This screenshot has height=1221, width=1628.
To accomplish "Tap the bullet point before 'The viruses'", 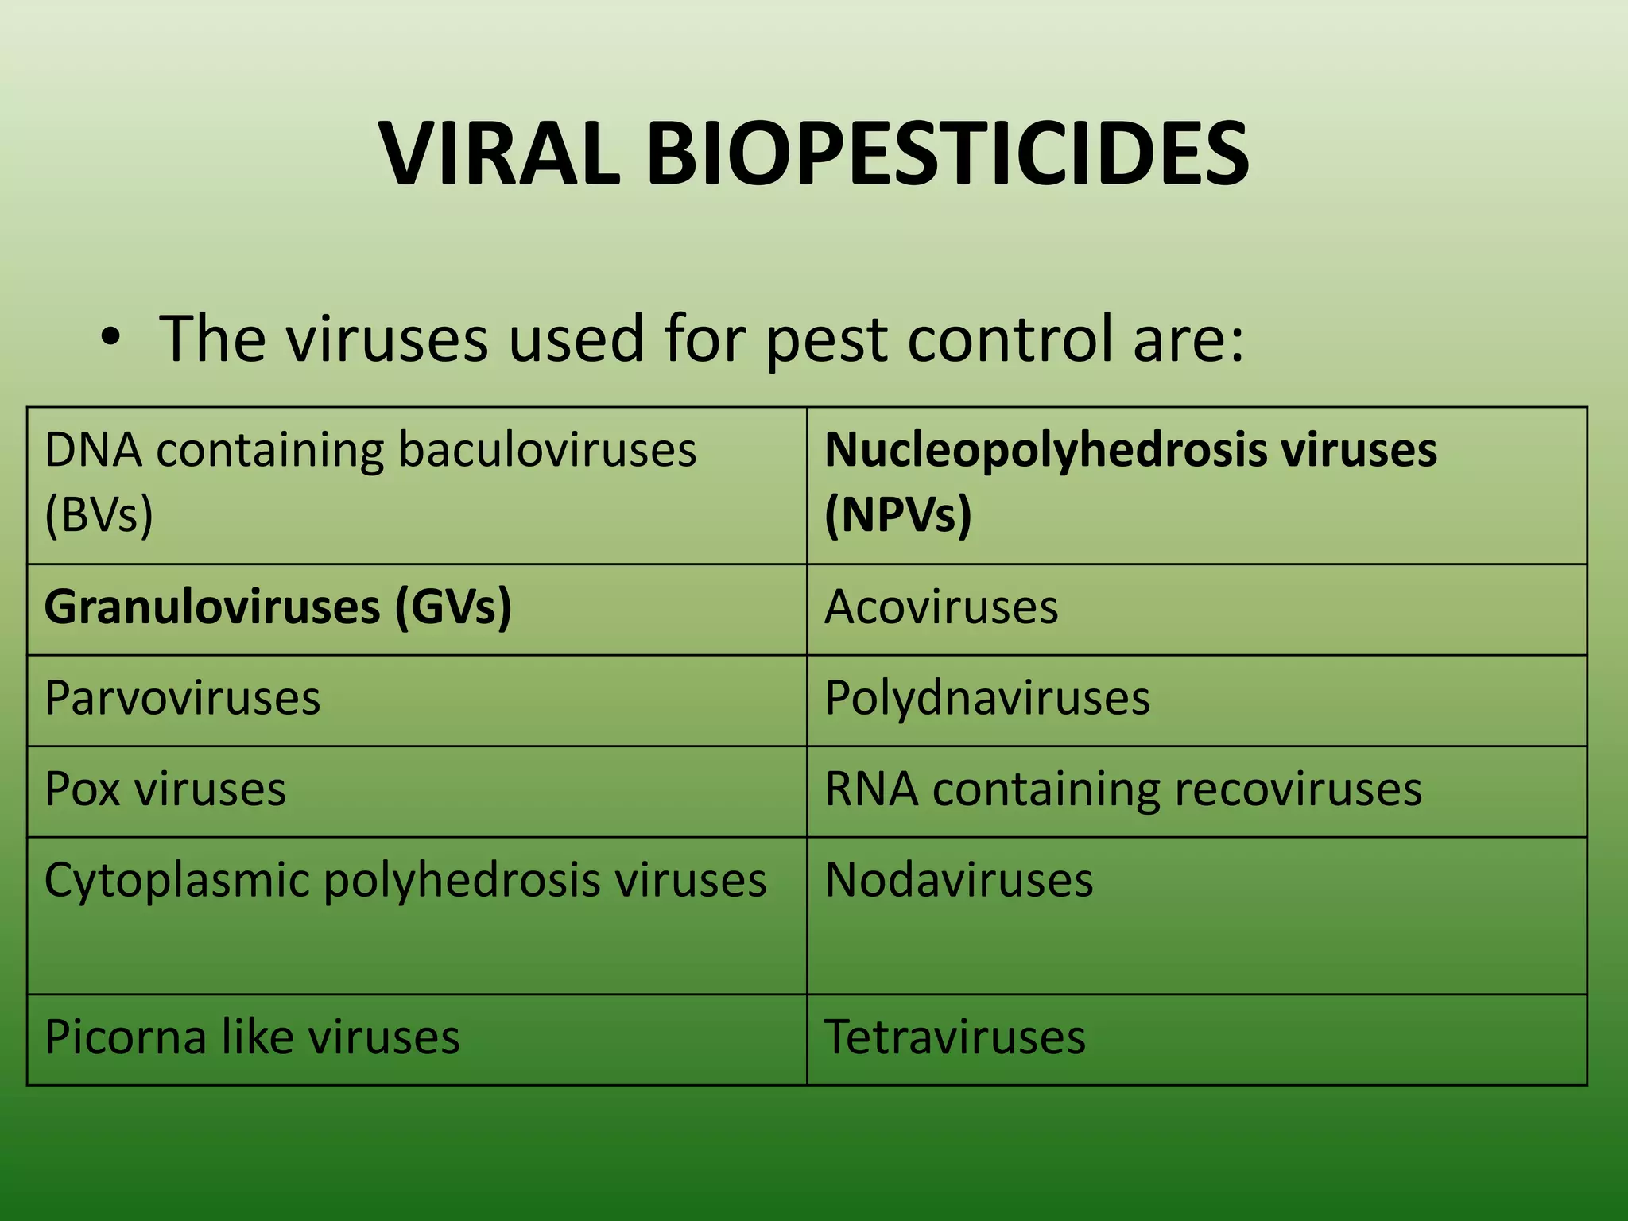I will (x=111, y=339).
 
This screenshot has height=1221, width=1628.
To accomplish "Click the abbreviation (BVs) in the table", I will (x=99, y=514).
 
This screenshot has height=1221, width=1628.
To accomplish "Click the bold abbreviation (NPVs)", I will (x=897, y=514).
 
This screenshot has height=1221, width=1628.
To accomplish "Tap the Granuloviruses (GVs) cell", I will (x=277, y=608).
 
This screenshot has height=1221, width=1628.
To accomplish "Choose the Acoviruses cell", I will (x=941, y=608).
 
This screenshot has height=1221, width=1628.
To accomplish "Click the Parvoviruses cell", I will (x=182, y=700).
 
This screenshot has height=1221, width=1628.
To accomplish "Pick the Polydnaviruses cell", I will (x=987, y=700).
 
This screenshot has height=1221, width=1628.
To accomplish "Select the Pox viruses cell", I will (x=165, y=790).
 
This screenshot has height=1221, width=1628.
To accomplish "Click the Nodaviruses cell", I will (x=959, y=881).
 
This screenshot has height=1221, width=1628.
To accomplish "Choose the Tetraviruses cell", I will (x=955, y=1037).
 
